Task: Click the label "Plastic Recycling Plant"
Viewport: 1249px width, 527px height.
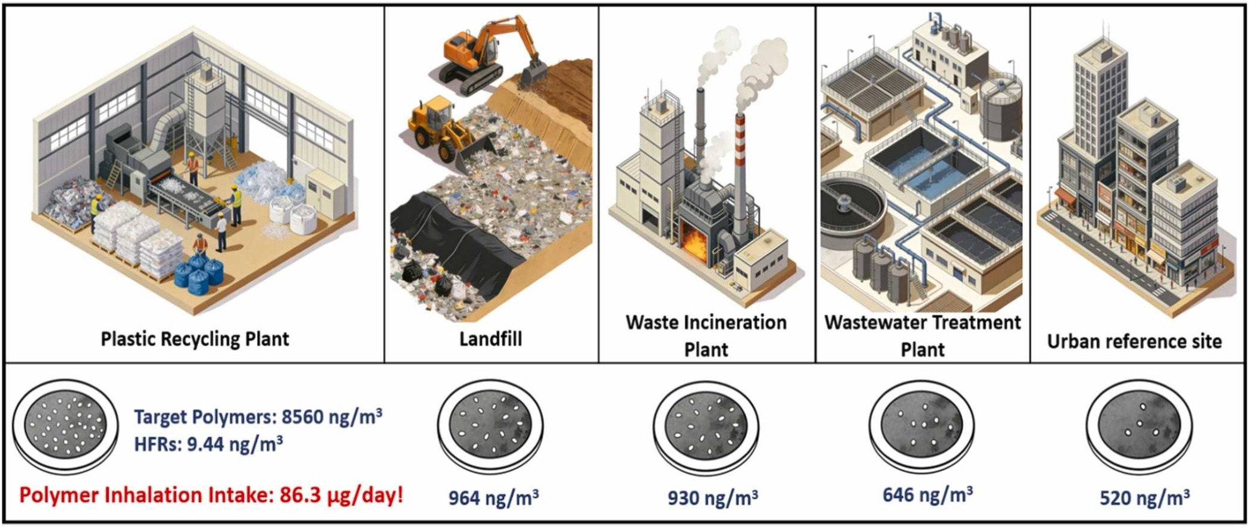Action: [x=195, y=339]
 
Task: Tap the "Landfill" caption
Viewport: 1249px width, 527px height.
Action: [x=490, y=339]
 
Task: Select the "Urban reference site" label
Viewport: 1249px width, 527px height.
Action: [x=1134, y=341]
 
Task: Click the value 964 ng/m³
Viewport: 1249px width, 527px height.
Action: [x=494, y=497]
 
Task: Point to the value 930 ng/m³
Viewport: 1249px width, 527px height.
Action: [x=713, y=497]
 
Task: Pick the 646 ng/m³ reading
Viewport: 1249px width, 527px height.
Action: [x=928, y=494]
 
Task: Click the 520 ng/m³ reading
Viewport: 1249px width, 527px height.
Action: [x=1145, y=497]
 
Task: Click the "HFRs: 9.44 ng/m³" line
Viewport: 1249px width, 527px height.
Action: [x=208, y=443]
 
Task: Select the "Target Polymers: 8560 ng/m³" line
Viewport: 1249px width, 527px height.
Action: [x=258, y=416]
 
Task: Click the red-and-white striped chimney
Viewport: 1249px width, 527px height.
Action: [x=740, y=172]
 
